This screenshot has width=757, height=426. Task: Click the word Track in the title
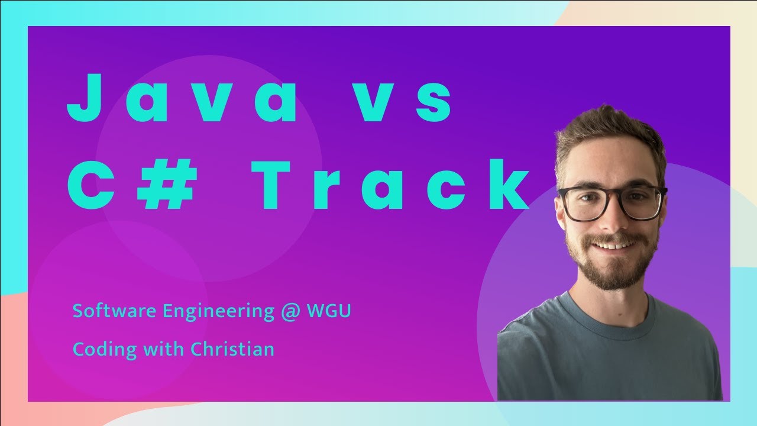(x=390, y=183)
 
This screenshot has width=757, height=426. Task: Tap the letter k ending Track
(x=506, y=183)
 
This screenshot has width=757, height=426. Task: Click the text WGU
(x=328, y=311)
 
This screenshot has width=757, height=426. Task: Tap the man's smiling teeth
(x=613, y=244)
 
